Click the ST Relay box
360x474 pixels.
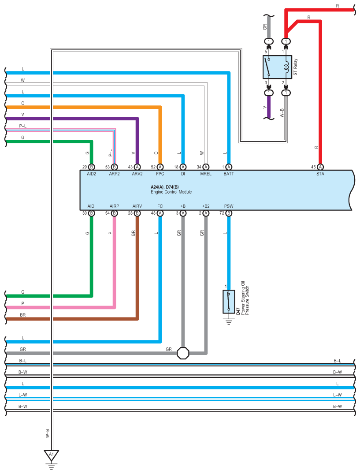277,67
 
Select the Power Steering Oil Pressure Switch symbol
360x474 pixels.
229,302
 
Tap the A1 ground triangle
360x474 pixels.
52,455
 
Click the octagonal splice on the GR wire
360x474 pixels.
183,353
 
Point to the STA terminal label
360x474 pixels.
320,174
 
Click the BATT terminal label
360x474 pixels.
229,174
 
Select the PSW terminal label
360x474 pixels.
229,206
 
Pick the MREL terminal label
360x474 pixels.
206,174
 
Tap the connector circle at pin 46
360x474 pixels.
320,167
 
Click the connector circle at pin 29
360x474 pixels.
91,167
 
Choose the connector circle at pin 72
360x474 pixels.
229,213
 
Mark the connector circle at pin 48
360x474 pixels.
160,213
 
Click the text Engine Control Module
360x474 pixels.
171,192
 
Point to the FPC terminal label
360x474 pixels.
160,174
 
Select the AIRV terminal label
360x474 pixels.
137,206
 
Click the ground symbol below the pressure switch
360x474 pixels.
229,321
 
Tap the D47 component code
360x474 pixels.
238,311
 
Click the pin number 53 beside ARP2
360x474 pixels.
108,167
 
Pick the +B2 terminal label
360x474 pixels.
206,206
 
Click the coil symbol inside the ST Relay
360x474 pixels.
286,67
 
